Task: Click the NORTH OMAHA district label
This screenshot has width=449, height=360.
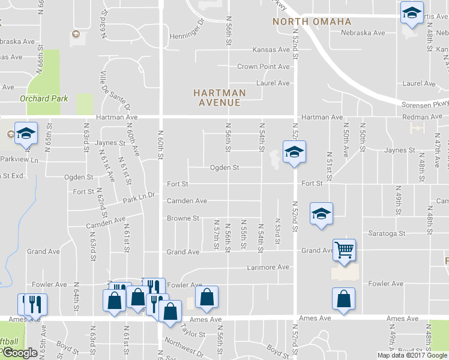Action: (x=312, y=22)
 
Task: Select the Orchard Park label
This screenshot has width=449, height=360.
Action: (x=44, y=98)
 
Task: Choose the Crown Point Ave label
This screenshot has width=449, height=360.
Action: (x=264, y=67)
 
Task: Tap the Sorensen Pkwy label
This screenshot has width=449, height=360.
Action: (x=425, y=105)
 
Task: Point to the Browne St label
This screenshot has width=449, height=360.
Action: (x=183, y=218)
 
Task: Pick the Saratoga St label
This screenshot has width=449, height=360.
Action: (x=387, y=233)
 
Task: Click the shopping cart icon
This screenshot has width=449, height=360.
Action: (x=344, y=250)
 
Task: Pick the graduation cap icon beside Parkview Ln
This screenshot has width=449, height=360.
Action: (x=26, y=134)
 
